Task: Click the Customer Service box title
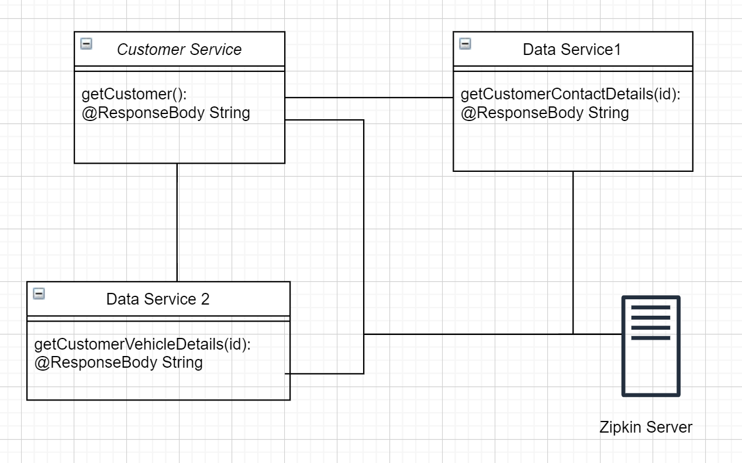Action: tap(179, 50)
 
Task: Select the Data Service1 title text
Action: tap(571, 50)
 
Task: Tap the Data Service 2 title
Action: tap(157, 299)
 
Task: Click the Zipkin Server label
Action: tap(646, 427)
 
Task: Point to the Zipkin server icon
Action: tap(650, 346)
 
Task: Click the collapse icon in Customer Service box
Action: tap(86, 43)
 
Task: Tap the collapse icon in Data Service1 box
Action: tap(465, 43)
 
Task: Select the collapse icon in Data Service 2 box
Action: tap(39, 293)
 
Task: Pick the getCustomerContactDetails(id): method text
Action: tap(571, 95)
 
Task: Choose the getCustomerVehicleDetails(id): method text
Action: tap(143, 345)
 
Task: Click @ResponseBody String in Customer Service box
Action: tap(165, 112)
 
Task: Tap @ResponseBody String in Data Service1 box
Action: tap(544, 112)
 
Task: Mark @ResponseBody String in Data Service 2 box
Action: tap(119, 362)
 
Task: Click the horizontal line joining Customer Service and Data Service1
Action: tap(368, 98)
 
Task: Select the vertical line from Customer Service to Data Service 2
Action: tap(177, 222)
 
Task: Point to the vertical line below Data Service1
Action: tap(573, 251)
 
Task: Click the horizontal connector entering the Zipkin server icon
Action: tap(596, 334)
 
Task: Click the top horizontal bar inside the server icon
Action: tap(650, 307)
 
